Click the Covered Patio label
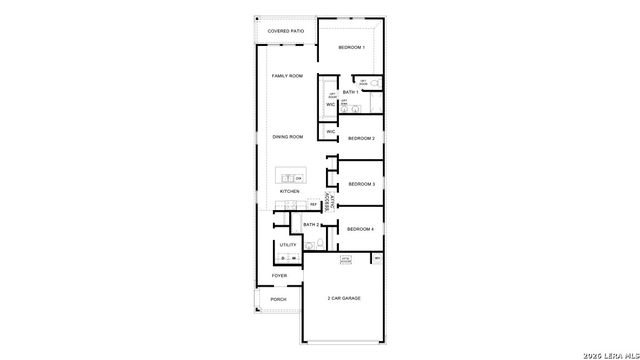(x=285, y=32)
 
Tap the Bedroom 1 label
(x=351, y=48)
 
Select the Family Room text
(x=288, y=76)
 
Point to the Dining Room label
(x=288, y=137)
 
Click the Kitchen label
(x=289, y=191)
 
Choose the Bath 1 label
(x=350, y=92)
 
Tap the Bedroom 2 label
(x=361, y=138)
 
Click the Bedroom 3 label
(x=361, y=184)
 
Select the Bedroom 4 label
(x=360, y=229)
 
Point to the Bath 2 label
(x=310, y=225)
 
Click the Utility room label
(x=288, y=245)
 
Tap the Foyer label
(x=279, y=275)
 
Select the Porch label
(x=279, y=299)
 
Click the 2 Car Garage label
(x=343, y=299)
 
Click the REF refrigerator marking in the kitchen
(x=313, y=205)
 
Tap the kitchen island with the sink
(x=291, y=178)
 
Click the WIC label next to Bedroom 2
(x=330, y=132)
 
